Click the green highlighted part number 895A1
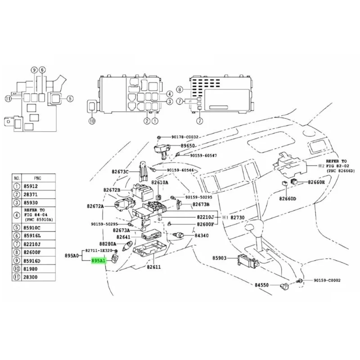[99, 261]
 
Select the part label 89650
[189, 146]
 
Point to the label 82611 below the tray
[153, 267]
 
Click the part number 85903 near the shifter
[221, 258]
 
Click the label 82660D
[287, 198]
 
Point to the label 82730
[239, 217]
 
